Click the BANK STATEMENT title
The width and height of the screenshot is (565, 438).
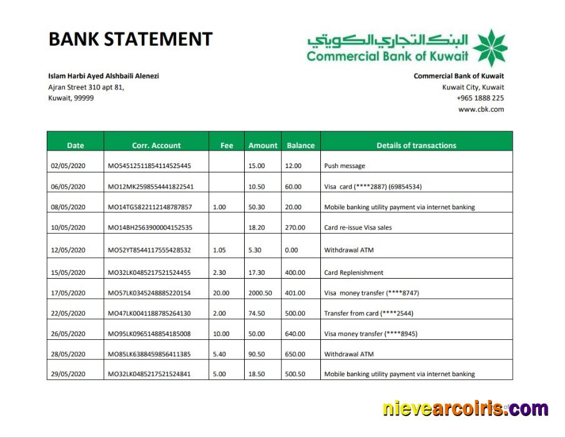pyautogui.click(x=130, y=39)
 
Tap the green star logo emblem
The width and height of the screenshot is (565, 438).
pyautogui.click(x=489, y=47)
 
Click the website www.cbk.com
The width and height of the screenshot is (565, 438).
pyautogui.click(x=481, y=109)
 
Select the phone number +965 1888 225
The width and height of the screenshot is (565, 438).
pyautogui.click(x=480, y=98)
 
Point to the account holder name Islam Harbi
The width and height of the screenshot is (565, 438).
pyautogui.click(x=104, y=76)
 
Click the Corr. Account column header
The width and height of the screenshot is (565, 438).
pyautogui.click(x=156, y=146)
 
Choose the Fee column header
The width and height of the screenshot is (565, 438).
pyautogui.click(x=227, y=146)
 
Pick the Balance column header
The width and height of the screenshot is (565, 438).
pyautogui.click(x=300, y=146)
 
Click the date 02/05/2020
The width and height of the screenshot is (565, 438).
pyautogui.click(x=67, y=166)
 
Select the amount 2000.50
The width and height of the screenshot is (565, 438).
pyautogui.click(x=261, y=293)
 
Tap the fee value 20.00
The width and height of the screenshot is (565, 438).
pyautogui.click(x=221, y=293)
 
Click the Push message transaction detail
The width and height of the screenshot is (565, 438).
pyautogui.click(x=345, y=166)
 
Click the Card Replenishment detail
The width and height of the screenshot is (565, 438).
pyautogui.click(x=353, y=272)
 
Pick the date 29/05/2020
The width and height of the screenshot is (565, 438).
pyautogui.click(x=67, y=374)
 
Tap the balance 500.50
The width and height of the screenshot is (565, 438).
pyautogui.click(x=296, y=374)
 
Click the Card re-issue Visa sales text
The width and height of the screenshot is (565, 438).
pyautogui.click(x=358, y=227)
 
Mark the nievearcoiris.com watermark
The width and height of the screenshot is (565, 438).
pyautogui.click(x=465, y=409)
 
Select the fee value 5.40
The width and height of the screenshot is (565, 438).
pyautogui.click(x=220, y=354)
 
